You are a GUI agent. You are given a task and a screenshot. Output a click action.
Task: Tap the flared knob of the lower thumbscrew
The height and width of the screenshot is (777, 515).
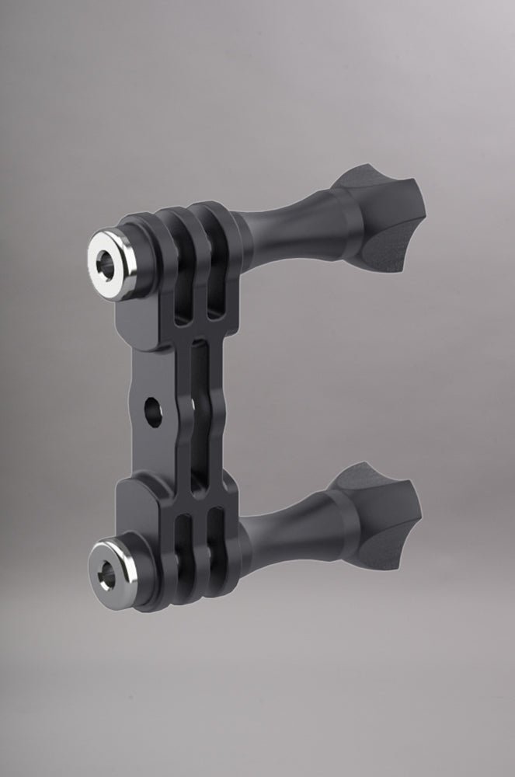tap(381, 509)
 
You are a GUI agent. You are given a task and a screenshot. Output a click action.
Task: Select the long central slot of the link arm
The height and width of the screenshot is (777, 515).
tap(199, 404)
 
